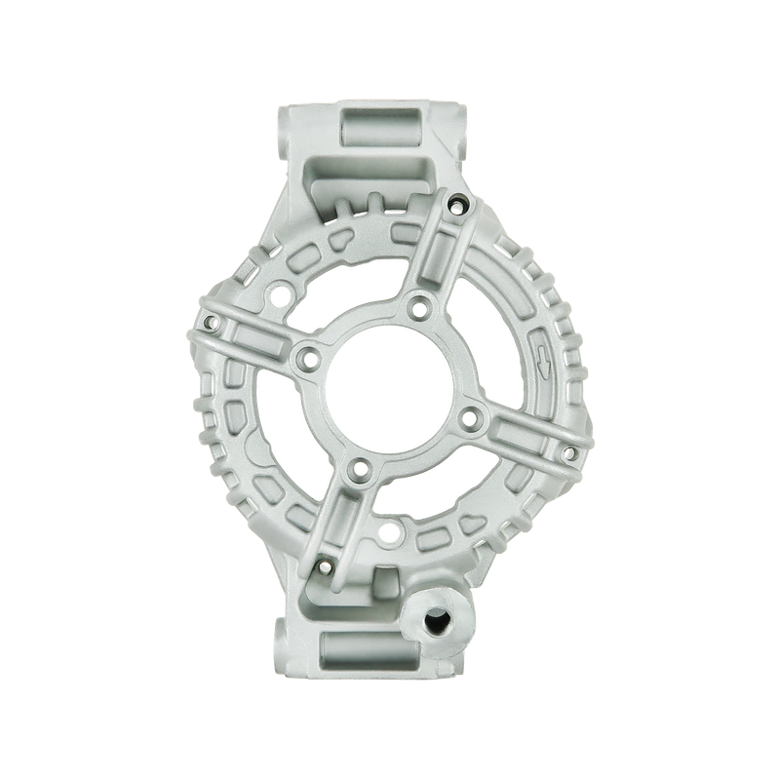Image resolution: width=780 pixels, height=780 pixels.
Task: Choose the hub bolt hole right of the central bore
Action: click(x=470, y=419)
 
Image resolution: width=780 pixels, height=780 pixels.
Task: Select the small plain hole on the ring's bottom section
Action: click(x=392, y=532)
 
